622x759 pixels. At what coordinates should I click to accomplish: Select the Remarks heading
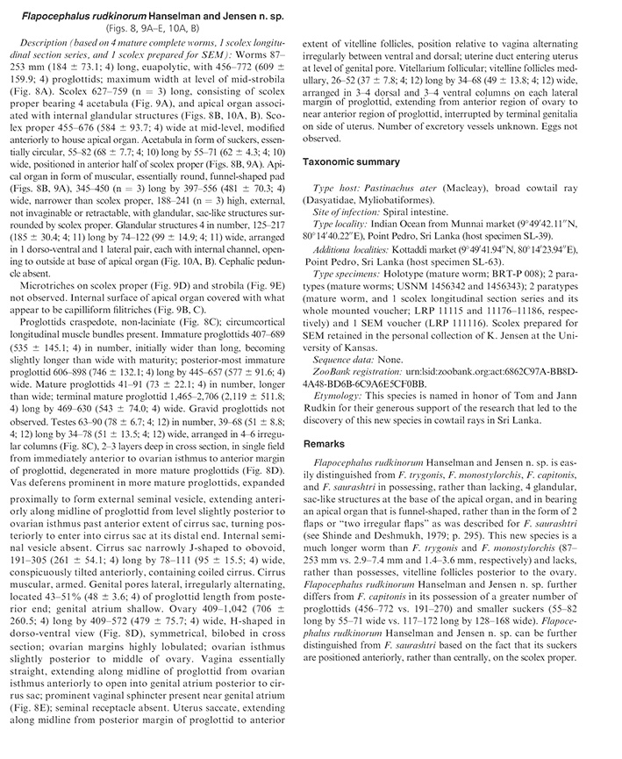(x=326, y=445)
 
